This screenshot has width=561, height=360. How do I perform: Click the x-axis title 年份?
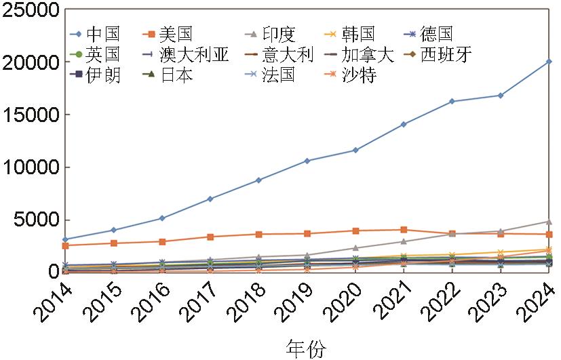click(x=305, y=348)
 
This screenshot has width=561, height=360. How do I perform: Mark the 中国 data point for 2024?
click(x=548, y=62)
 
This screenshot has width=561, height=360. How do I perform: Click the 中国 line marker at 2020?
click(x=355, y=150)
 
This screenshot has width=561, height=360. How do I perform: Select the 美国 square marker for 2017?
click(x=210, y=237)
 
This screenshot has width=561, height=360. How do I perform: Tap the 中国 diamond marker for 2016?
click(x=161, y=218)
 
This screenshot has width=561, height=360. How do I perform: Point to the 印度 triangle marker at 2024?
click(x=548, y=222)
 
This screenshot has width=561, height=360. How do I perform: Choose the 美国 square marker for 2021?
click(x=404, y=230)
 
